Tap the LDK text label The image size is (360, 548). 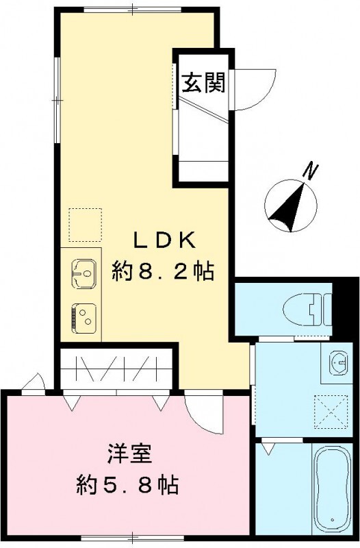point(164,241)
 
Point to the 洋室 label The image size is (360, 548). point(128,455)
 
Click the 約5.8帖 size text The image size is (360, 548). point(127,486)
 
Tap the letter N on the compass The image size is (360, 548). point(312,169)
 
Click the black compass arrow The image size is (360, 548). point(290,208)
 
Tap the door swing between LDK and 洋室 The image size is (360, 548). point(201,411)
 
